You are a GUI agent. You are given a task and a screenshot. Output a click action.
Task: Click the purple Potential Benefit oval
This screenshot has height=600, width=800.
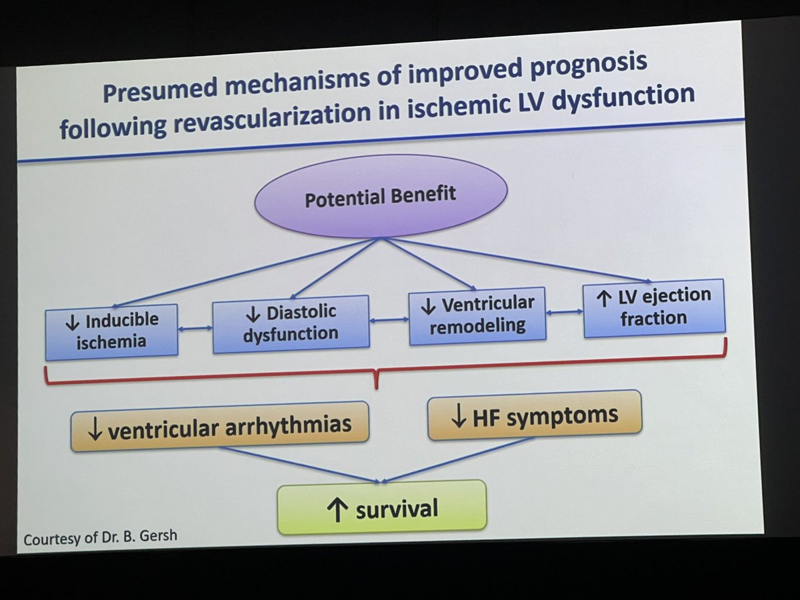[x=381, y=195]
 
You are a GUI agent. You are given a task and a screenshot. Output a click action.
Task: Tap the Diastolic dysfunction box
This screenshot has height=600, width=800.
[x=291, y=323]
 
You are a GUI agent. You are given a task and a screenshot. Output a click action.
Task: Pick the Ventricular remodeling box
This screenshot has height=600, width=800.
[x=477, y=315]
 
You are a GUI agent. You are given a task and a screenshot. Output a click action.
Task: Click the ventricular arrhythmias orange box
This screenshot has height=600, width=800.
[x=219, y=427]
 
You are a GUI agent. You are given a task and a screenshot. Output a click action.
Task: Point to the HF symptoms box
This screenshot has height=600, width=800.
[x=534, y=415]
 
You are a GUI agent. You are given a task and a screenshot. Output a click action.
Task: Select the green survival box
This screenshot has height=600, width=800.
[x=381, y=508]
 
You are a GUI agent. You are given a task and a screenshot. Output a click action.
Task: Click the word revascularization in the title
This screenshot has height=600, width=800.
[x=267, y=117]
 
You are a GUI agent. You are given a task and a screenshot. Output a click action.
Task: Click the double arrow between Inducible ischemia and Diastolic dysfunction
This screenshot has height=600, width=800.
[x=195, y=328]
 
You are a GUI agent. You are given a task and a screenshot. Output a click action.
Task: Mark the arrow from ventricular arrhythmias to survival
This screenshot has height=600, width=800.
[x=300, y=465]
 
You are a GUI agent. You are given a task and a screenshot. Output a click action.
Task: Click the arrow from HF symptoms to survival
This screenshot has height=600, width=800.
[x=460, y=460]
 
